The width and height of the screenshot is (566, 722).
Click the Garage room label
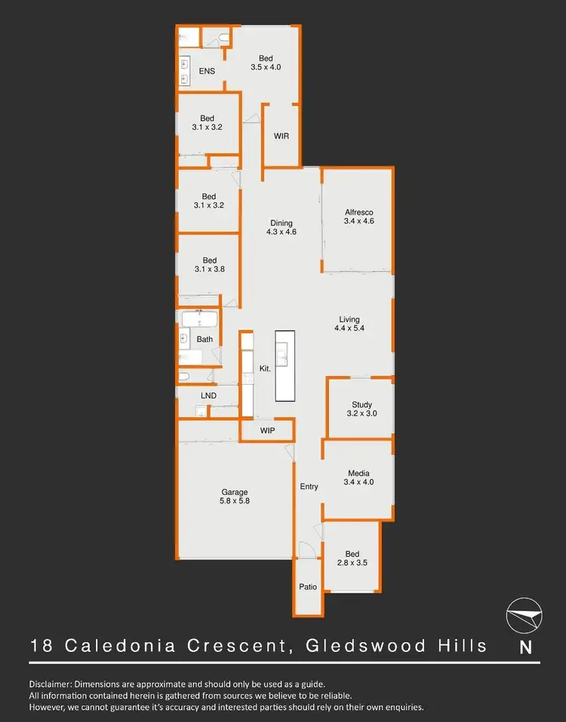234,493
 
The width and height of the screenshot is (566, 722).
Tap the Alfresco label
358,212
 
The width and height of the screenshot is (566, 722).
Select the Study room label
361,404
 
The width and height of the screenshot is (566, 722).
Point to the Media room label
358,472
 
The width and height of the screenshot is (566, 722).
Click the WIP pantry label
267,431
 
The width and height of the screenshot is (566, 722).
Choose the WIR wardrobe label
281,136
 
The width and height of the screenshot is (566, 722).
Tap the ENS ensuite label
207,72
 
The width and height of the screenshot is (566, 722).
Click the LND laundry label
208,395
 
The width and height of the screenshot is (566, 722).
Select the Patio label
308,586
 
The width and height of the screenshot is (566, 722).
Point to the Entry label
309,487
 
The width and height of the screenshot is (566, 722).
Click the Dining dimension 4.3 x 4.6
281,232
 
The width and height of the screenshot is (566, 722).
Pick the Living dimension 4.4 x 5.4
349,329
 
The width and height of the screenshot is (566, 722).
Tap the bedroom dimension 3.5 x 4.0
266,67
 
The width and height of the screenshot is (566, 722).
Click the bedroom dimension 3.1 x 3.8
209,270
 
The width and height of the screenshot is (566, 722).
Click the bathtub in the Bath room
198,318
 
